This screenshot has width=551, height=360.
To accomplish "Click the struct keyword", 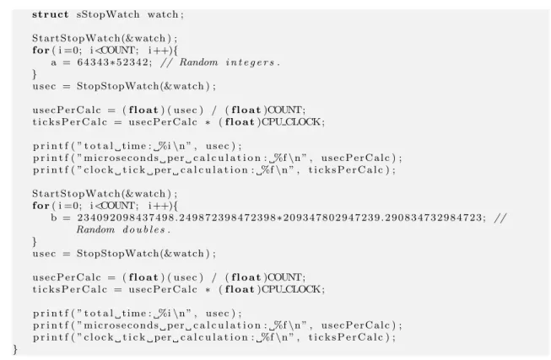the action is [x=51, y=14].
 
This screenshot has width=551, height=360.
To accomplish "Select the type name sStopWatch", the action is [x=108, y=14].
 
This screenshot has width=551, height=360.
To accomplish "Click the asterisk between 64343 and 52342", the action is [x=112, y=63].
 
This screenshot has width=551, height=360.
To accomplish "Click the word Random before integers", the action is [x=199, y=62].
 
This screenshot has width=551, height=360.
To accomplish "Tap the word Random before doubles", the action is [x=95, y=230].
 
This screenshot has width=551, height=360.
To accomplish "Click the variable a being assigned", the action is [x=53, y=63].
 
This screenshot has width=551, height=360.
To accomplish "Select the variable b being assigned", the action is [x=53, y=218].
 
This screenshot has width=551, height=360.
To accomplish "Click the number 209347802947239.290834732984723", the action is [x=383, y=218].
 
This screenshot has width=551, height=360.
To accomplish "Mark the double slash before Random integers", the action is [x=166, y=62].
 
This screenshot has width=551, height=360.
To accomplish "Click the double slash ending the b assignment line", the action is [x=500, y=218].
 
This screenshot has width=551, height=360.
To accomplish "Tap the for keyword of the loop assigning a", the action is [x=41, y=51].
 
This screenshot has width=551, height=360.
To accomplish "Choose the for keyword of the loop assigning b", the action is [x=41, y=206].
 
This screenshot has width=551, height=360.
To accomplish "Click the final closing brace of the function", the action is [x=15, y=350].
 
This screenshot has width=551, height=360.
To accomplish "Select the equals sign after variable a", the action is [x=67, y=63].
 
